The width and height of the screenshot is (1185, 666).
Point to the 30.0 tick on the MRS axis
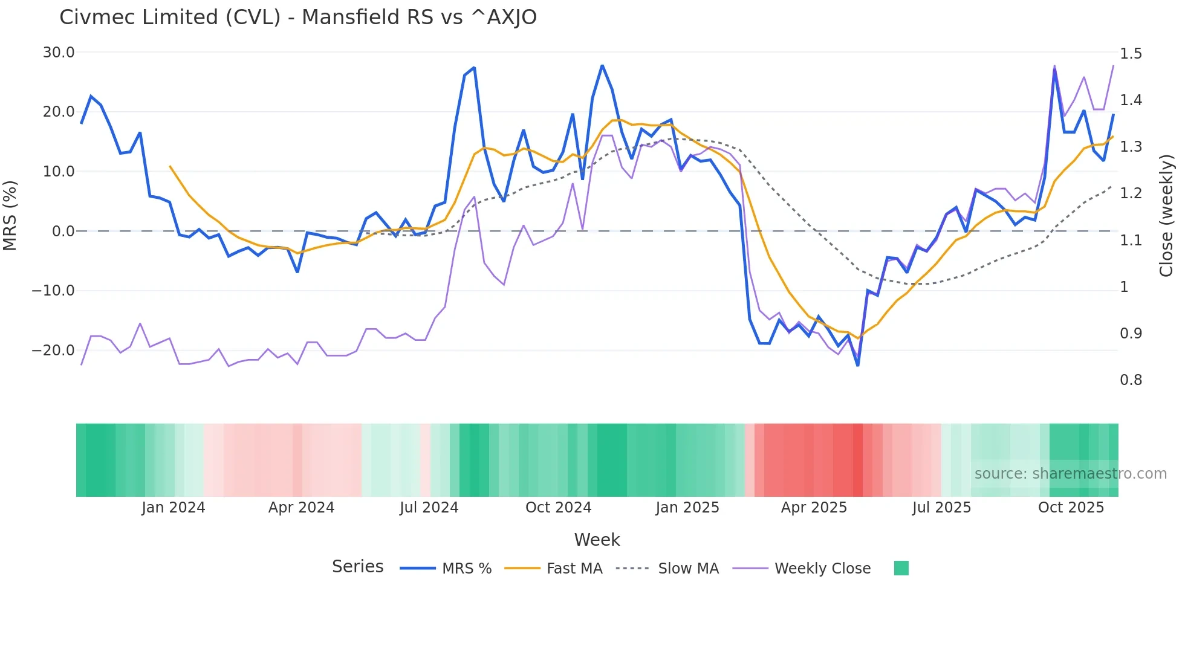coord(59,53)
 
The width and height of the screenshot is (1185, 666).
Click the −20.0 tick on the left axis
coord(53,351)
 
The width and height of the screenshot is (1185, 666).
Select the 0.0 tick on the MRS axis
coord(63,231)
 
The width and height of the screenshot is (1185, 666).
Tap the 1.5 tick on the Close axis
coord(1131,54)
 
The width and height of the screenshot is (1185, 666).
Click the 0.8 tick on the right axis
coord(1131,380)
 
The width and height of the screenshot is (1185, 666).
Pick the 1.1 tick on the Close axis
coord(1131,241)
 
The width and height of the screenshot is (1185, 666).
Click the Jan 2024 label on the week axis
coord(174,508)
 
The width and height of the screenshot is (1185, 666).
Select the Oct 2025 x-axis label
coord(1071,508)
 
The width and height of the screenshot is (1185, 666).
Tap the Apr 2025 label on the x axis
coord(814,508)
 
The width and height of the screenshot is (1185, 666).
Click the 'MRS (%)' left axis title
coord(10,215)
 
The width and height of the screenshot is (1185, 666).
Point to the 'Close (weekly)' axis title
coord(1166,215)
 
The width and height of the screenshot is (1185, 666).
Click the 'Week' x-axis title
coord(597,540)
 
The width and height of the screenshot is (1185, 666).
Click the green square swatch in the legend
coord(901,568)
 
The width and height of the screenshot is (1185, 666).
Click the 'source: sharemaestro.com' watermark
coord(1070,474)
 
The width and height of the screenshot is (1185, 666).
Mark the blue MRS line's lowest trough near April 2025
coord(857,365)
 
